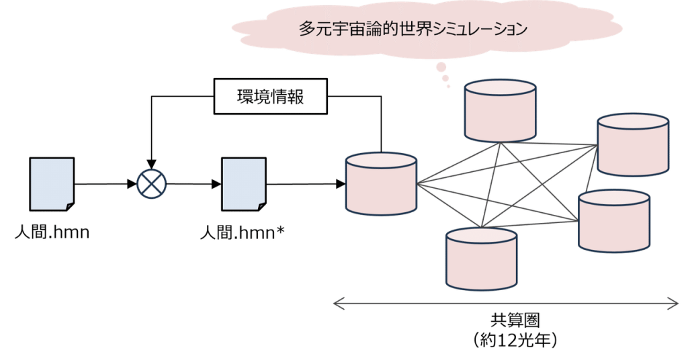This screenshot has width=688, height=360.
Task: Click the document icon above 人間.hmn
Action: click(x=52, y=183)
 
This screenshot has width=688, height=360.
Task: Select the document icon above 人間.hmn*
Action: click(x=243, y=183)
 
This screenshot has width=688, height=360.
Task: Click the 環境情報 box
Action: click(x=269, y=98)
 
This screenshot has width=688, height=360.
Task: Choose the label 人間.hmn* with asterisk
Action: click(x=243, y=235)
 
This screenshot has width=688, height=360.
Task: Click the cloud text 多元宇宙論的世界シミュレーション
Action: click(x=412, y=30)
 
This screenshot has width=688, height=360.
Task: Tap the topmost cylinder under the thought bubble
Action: click(x=501, y=107)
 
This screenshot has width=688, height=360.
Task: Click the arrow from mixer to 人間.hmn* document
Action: click(x=195, y=183)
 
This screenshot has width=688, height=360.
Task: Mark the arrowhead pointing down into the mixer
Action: click(x=152, y=163)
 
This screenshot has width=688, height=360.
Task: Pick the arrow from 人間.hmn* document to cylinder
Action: click(x=306, y=183)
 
